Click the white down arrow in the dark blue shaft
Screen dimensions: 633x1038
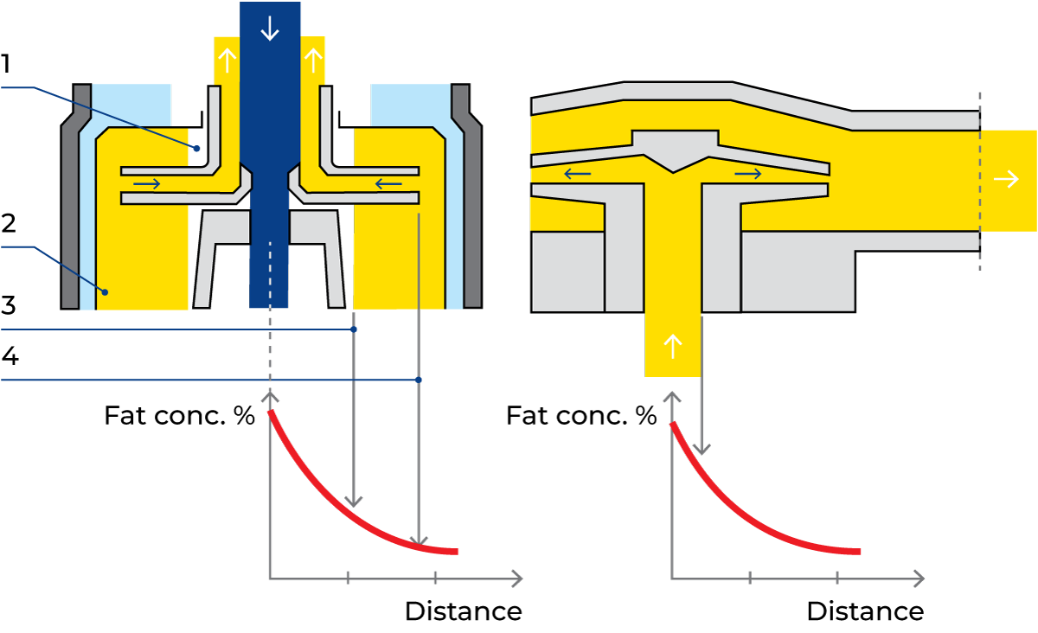270,29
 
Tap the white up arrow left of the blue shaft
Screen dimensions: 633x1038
227,60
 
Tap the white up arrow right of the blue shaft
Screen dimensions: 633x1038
313,60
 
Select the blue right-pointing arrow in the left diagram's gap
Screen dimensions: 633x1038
146,183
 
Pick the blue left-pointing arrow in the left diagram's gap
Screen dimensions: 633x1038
388,183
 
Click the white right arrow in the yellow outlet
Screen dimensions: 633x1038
1006,179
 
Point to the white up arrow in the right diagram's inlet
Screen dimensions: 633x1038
672,347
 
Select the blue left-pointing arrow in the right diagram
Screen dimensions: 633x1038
577,174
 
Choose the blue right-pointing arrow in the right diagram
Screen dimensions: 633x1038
748,174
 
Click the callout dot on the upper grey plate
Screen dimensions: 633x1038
196,149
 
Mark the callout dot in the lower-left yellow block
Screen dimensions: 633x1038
105,292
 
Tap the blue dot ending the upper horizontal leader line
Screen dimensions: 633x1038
354,329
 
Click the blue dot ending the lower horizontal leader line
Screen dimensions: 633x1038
419,380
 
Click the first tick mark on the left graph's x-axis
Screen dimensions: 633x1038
348,578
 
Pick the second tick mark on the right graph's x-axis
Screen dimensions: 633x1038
837,578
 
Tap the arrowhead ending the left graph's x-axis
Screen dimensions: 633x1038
517,578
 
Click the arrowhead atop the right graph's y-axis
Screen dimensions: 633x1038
672,396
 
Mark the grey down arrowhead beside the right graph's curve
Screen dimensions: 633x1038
702,448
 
